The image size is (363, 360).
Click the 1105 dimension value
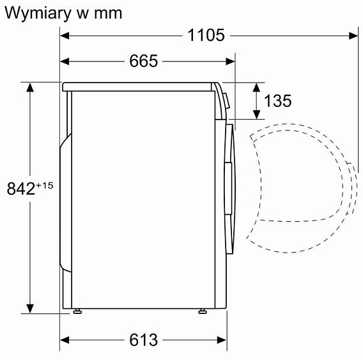(x=206, y=36)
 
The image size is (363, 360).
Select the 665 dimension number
(x=143, y=61)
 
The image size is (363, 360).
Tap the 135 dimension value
(x=277, y=101)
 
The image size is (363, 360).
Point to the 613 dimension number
(x=143, y=340)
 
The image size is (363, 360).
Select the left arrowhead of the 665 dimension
(x=65, y=61)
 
